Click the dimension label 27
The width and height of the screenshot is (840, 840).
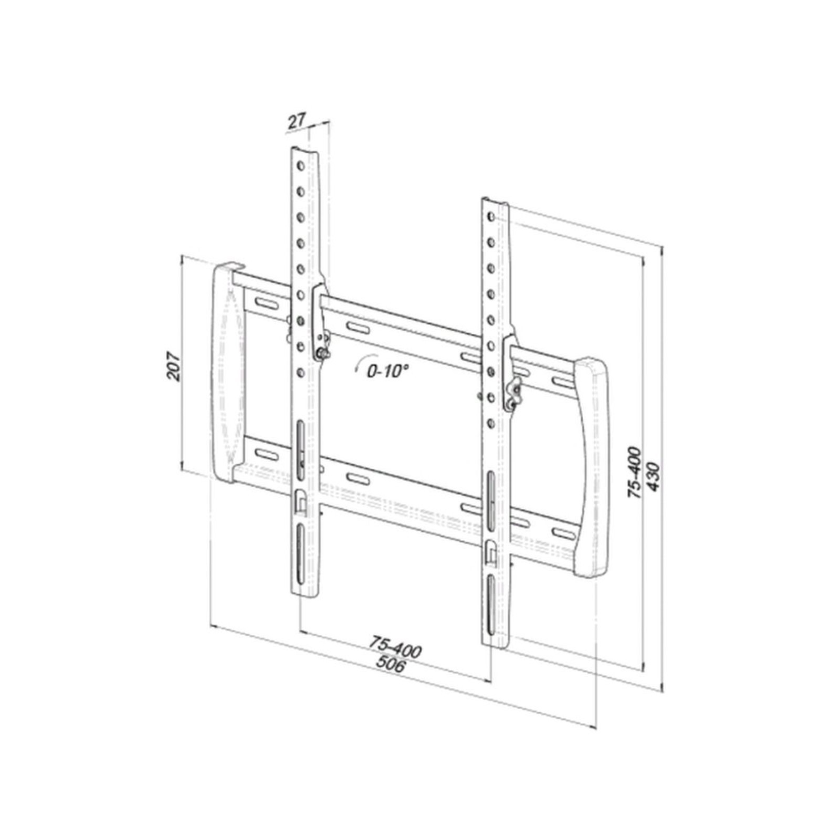(297, 121)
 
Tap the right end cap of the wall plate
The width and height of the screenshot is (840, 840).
(591, 467)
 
